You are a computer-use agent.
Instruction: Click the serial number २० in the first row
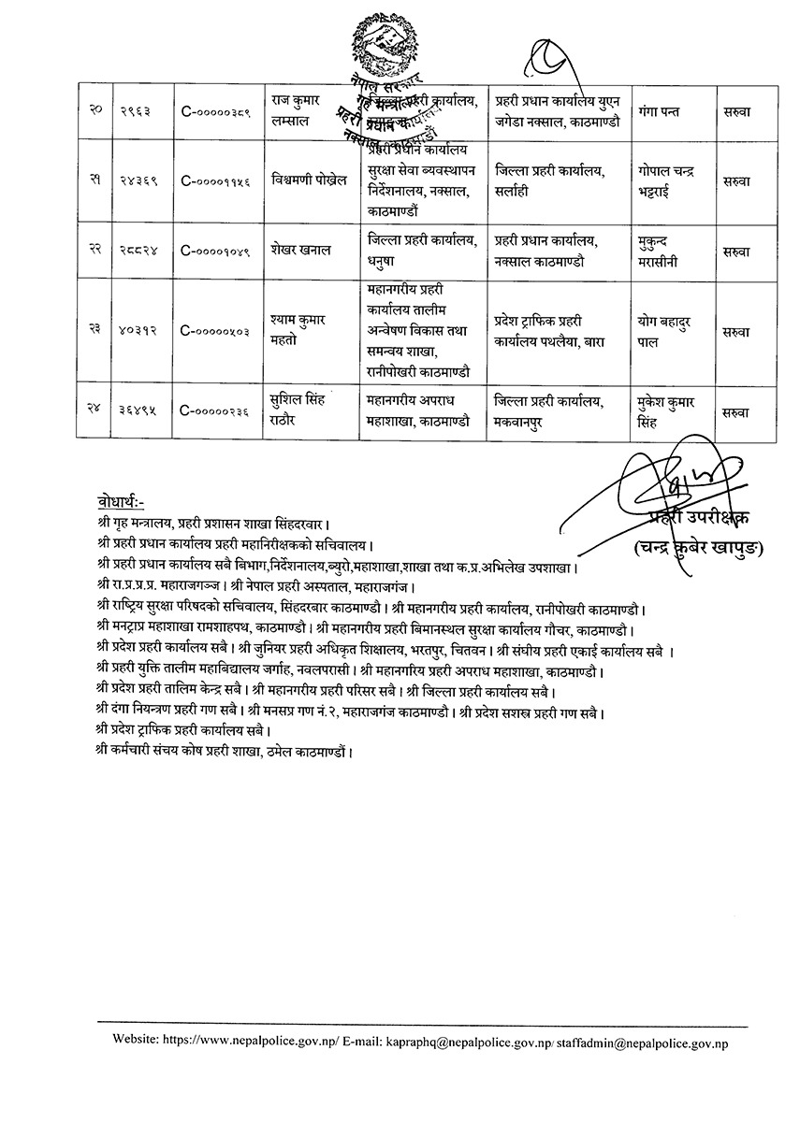pos(95,112)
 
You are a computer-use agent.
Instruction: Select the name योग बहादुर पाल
pos(667,330)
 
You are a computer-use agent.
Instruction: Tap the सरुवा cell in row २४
pos(736,410)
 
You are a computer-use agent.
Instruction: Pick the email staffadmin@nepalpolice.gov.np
pos(642,1040)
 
